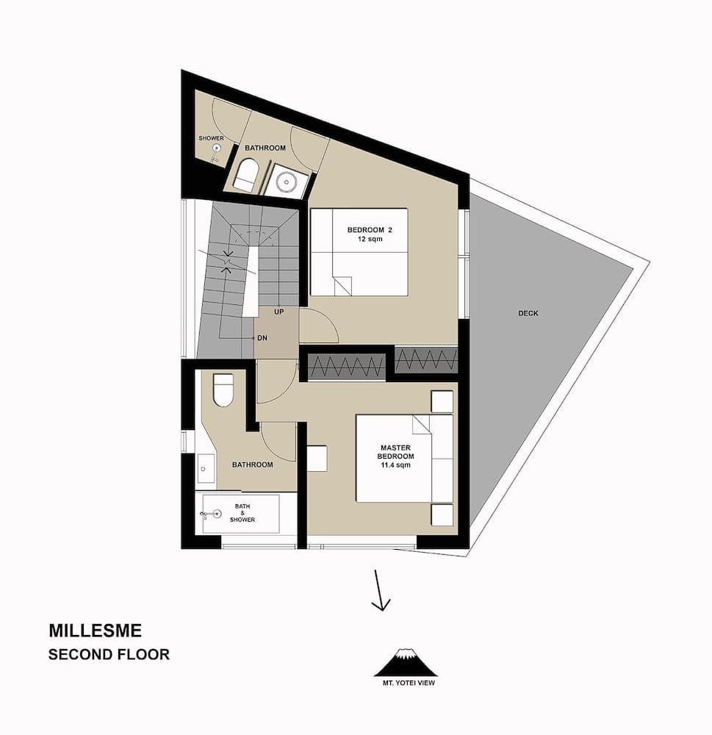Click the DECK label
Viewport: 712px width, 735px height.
(528, 313)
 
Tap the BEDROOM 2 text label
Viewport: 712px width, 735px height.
(370, 230)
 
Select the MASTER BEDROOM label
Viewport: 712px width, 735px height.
(395, 452)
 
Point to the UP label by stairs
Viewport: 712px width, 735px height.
(278, 312)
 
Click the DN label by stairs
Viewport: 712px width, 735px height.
(262, 337)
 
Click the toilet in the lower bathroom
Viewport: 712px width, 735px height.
(223, 390)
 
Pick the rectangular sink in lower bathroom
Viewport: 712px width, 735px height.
(206, 468)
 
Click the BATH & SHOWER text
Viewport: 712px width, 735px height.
(242, 513)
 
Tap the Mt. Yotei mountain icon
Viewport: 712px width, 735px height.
(405, 662)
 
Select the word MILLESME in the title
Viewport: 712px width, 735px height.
(95, 631)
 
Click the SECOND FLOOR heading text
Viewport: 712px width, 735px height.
(109, 653)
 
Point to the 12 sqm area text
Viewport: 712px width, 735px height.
(370, 240)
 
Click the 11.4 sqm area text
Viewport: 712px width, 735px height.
(395, 465)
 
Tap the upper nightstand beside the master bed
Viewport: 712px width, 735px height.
(442, 402)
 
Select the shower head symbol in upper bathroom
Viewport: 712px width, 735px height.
(217, 148)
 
